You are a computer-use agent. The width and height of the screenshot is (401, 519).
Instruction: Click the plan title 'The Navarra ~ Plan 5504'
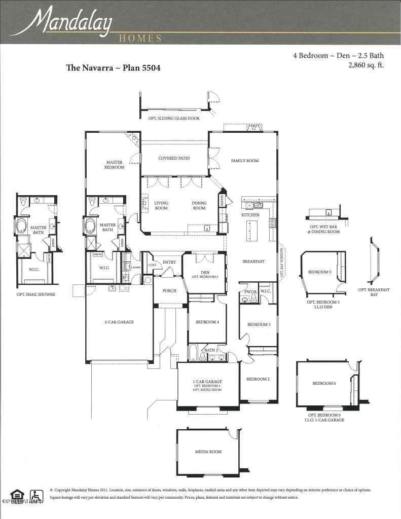click(113, 68)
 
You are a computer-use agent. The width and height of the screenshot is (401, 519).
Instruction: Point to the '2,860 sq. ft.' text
click(366, 65)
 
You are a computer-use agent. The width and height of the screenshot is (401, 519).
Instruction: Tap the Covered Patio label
click(174, 159)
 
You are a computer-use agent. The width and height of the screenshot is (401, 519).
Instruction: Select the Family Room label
click(245, 161)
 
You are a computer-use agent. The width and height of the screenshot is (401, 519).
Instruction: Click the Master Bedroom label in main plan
click(115, 165)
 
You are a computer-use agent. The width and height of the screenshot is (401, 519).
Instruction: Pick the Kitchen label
click(250, 215)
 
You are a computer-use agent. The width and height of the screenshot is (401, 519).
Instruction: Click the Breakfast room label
click(253, 262)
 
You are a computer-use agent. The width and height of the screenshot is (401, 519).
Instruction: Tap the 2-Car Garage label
click(119, 322)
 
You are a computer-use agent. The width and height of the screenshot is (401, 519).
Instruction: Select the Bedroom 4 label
click(207, 322)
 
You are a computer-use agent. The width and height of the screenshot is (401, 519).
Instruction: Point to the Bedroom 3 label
click(259, 324)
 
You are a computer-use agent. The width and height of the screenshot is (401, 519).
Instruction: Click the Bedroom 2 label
click(258, 379)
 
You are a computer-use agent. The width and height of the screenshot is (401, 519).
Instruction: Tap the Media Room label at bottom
click(208, 452)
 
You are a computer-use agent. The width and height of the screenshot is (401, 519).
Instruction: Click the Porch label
click(169, 291)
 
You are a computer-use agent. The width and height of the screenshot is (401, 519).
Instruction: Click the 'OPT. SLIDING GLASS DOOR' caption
click(174, 118)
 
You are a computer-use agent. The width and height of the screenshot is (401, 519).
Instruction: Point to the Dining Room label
click(199, 205)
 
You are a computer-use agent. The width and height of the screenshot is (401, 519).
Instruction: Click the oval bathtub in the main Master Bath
click(91, 226)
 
